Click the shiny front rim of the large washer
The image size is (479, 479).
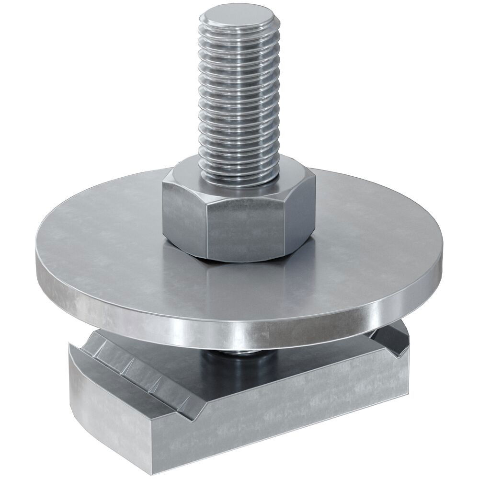239,331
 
